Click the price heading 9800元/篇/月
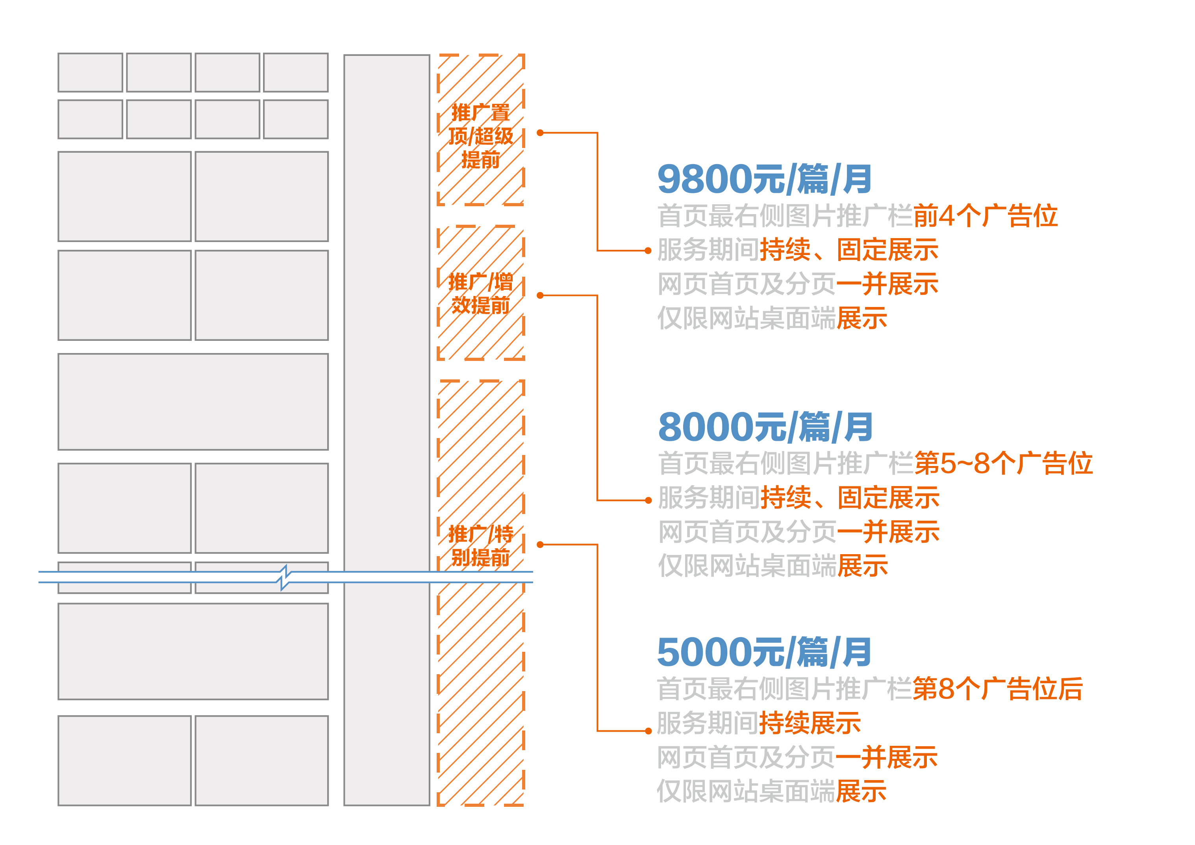(x=764, y=179)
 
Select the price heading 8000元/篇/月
(x=765, y=427)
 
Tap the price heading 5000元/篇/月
(x=764, y=652)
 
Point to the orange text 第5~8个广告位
(x=1003, y=463)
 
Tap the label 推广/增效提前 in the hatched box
(x=480, y=294)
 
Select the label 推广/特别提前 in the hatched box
(x=480, y=546)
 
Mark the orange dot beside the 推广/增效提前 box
(x=540, y=296)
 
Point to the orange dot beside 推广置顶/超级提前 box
(x=540, y=133)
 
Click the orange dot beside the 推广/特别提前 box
(x=540, y=545)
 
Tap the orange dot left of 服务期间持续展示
(x=648, y=731)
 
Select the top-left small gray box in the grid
(x=90, y=72)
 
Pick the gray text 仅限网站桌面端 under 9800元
(x=747, y=318)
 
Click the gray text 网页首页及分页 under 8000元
(x=747, y=532)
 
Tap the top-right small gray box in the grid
(x=296, y=72)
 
